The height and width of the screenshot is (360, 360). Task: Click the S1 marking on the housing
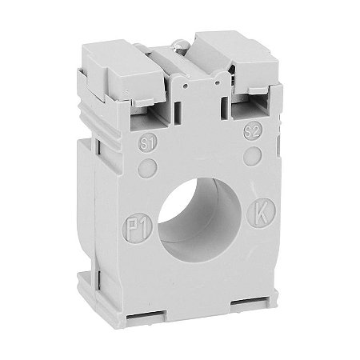[x=146, y=145]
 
